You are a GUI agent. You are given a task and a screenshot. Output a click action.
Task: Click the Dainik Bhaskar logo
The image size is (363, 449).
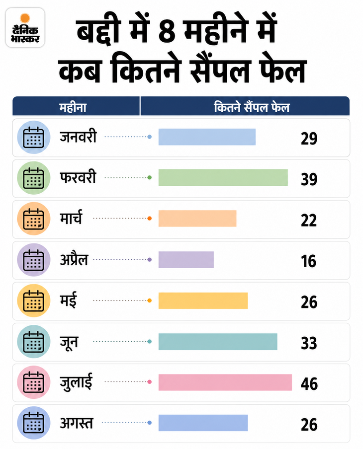click(x=25, y=27)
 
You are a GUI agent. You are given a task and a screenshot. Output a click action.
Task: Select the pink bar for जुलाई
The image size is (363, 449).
click(x=225, y=382)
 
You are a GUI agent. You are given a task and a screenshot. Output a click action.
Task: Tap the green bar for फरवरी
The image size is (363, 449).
click(x=223, y=177)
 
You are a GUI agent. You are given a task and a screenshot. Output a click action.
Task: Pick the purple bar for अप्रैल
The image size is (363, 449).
click(x=186, y=260)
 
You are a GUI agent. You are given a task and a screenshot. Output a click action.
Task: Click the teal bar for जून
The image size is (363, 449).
click(x=218, y=342)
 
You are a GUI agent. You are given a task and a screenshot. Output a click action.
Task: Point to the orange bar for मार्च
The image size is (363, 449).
click(x=197, y=219)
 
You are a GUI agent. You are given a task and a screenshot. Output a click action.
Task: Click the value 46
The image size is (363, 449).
click(x=309, y=384)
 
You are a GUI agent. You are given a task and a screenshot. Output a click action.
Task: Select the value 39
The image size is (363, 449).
click(x=309, y=179)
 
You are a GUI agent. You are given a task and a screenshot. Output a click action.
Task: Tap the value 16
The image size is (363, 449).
click(x=308, y=261)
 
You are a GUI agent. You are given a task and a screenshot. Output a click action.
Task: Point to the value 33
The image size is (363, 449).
click(x=309, y=343)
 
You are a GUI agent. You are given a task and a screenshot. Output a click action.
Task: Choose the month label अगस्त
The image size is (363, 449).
click(x=76, y=423)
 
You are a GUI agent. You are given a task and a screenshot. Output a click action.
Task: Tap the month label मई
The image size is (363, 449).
click(x=68, y=300)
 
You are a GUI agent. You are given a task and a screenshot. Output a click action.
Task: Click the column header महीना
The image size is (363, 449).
click(x=73, y=107)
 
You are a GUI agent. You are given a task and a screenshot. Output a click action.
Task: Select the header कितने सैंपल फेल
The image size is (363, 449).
click(x=252, y=107)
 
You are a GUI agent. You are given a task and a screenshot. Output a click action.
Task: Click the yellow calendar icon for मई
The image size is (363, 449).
click(x=34, y=300)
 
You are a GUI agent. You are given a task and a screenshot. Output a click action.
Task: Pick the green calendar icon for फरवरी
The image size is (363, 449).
click(x=34, y=178)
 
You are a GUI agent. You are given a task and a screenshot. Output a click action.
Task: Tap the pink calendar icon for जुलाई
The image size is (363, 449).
click(x=34, y=382)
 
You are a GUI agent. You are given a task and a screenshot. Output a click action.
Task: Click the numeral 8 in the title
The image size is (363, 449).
click(x=167, y=31)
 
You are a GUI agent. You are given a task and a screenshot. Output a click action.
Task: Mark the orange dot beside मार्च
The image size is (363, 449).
click(x=149, y=219)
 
